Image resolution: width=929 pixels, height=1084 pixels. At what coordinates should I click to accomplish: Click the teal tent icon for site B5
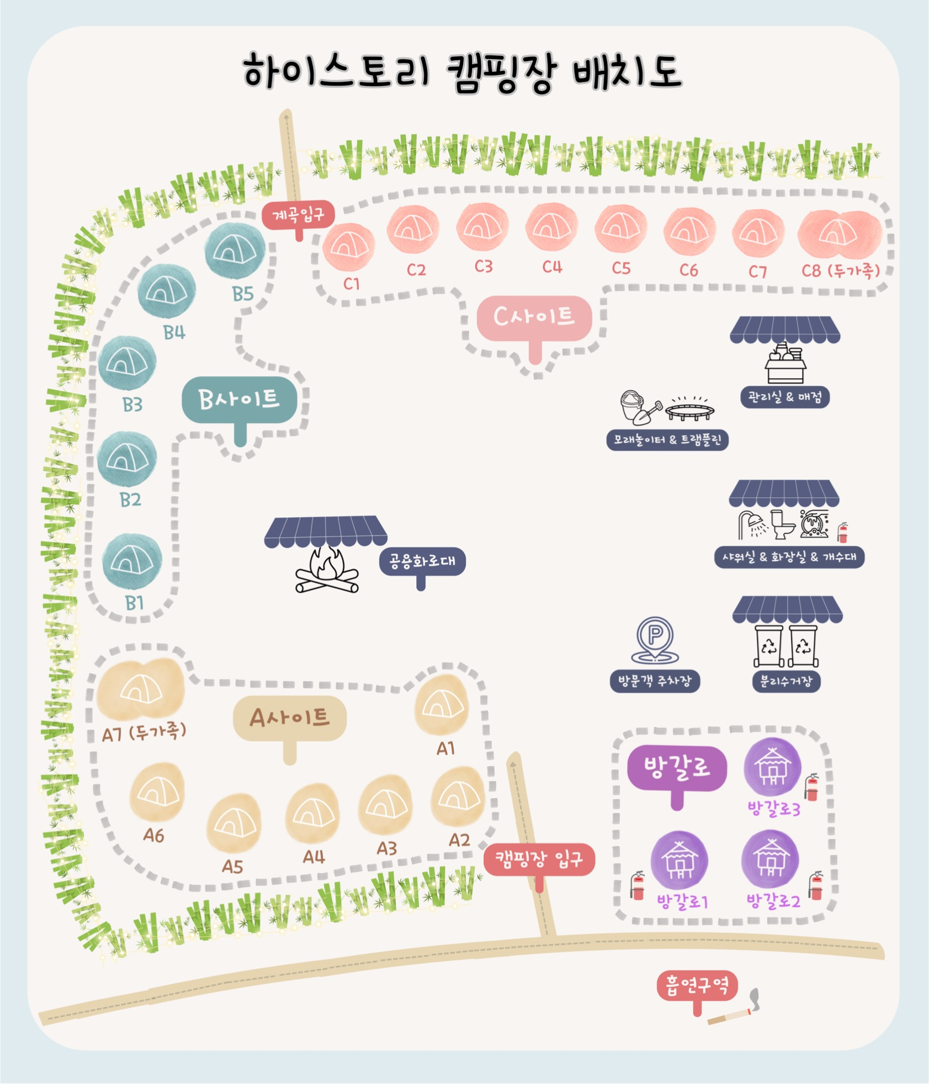[x=235, y=251]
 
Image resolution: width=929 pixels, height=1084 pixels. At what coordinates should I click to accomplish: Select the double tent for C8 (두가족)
[x=840, y=233]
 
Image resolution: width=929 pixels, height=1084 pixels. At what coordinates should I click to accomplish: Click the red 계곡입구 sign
[x=299, y=214]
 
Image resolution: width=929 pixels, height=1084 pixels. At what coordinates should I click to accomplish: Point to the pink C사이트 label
[x=534, y=318]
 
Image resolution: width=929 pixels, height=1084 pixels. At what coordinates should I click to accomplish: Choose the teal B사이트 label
[x=240, y=400]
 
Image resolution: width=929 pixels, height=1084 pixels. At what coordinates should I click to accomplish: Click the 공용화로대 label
[x=422, y=562]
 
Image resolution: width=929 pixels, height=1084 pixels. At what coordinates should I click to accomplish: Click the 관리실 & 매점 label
[x=785, y=397]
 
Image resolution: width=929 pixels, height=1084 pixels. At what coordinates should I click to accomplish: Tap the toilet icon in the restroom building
[x=783, y=524]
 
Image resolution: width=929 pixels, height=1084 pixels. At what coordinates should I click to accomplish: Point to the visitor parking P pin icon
[x=654, y=639]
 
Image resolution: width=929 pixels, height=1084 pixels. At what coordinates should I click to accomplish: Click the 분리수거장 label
[x=786, y=681]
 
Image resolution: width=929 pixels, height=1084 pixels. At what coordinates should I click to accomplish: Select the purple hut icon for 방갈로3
[x=772, y=767]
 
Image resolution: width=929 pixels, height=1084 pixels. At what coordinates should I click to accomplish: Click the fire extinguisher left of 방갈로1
[x=638, y=885]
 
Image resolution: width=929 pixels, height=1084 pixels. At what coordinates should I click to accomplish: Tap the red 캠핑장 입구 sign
[x=539, y=859]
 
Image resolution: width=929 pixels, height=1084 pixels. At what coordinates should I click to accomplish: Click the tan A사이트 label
[x=290, y=718]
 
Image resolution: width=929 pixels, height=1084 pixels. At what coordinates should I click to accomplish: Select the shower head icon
[x=752, y=524]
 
